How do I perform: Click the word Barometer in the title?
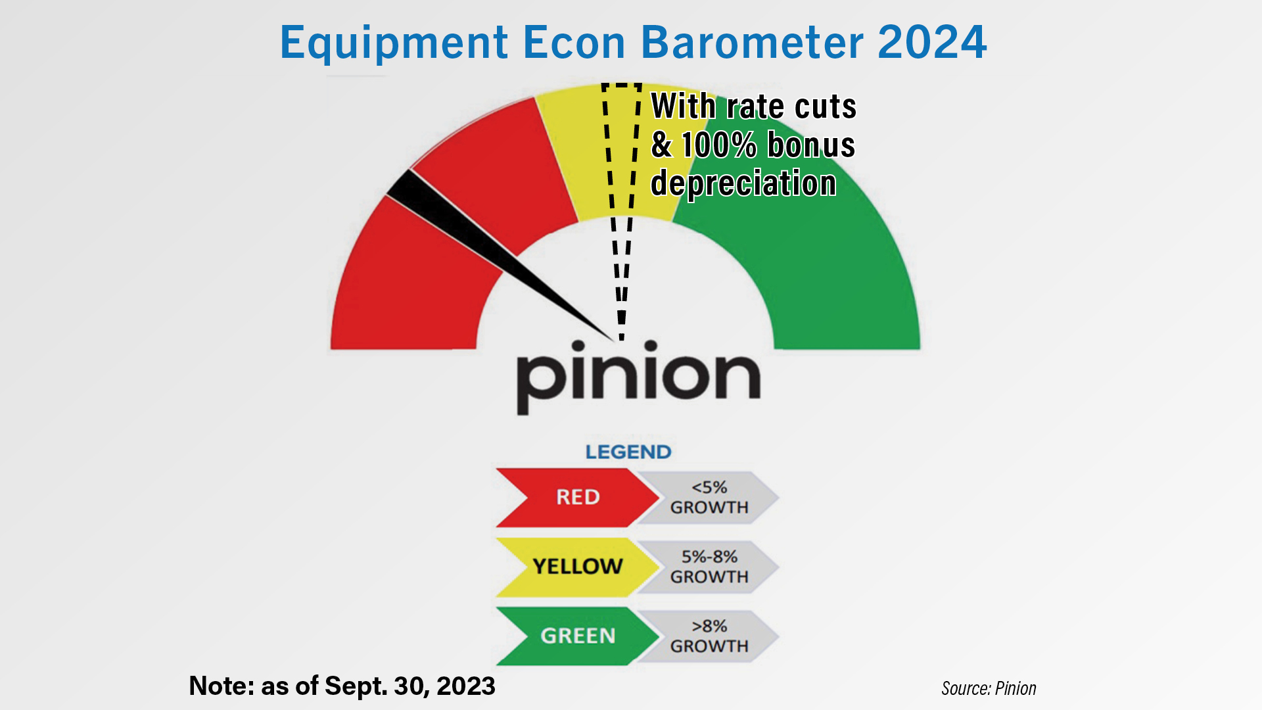tap(752, 42)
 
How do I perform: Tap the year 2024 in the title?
tap(932, 42)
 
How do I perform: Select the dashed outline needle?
tap(621, 210)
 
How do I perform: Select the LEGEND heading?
tap(628, 452)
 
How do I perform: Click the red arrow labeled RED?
tap(577, 498)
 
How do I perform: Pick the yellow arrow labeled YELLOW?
tap(577, 567)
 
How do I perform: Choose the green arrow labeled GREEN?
tap(577, 636)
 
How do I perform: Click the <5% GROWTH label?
tap(709, 498)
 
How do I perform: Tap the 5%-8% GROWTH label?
tap(709, 567)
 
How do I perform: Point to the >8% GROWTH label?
tap(709, 636)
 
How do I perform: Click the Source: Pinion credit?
tap(989, 688)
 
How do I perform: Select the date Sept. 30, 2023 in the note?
tap(410, 686)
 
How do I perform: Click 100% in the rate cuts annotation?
tap(719, 145)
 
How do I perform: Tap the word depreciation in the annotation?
tap(743, 183)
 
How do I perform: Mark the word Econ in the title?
tap(574, 42)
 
